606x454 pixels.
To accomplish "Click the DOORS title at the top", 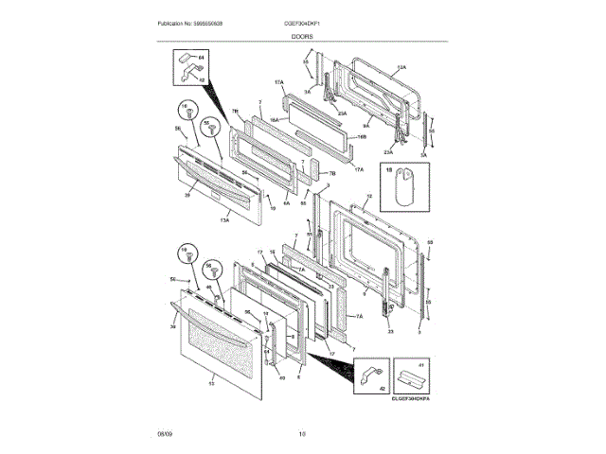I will click(x=303, y=35).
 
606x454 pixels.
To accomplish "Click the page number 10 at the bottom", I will click(x=302, y=434).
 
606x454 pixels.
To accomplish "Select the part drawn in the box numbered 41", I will click(x=409, y=379).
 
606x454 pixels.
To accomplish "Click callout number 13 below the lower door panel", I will click(x=211, y=382).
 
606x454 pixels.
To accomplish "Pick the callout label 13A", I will click(x=224, y=219).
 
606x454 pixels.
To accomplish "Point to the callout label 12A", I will click(x=401, y=68).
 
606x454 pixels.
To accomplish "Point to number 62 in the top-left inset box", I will click(x=202, y=79).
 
